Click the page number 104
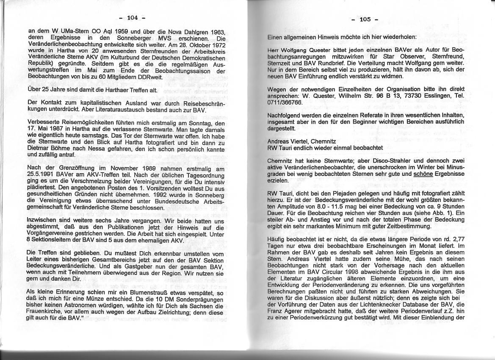(133, 18)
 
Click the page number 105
(365, 19)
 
